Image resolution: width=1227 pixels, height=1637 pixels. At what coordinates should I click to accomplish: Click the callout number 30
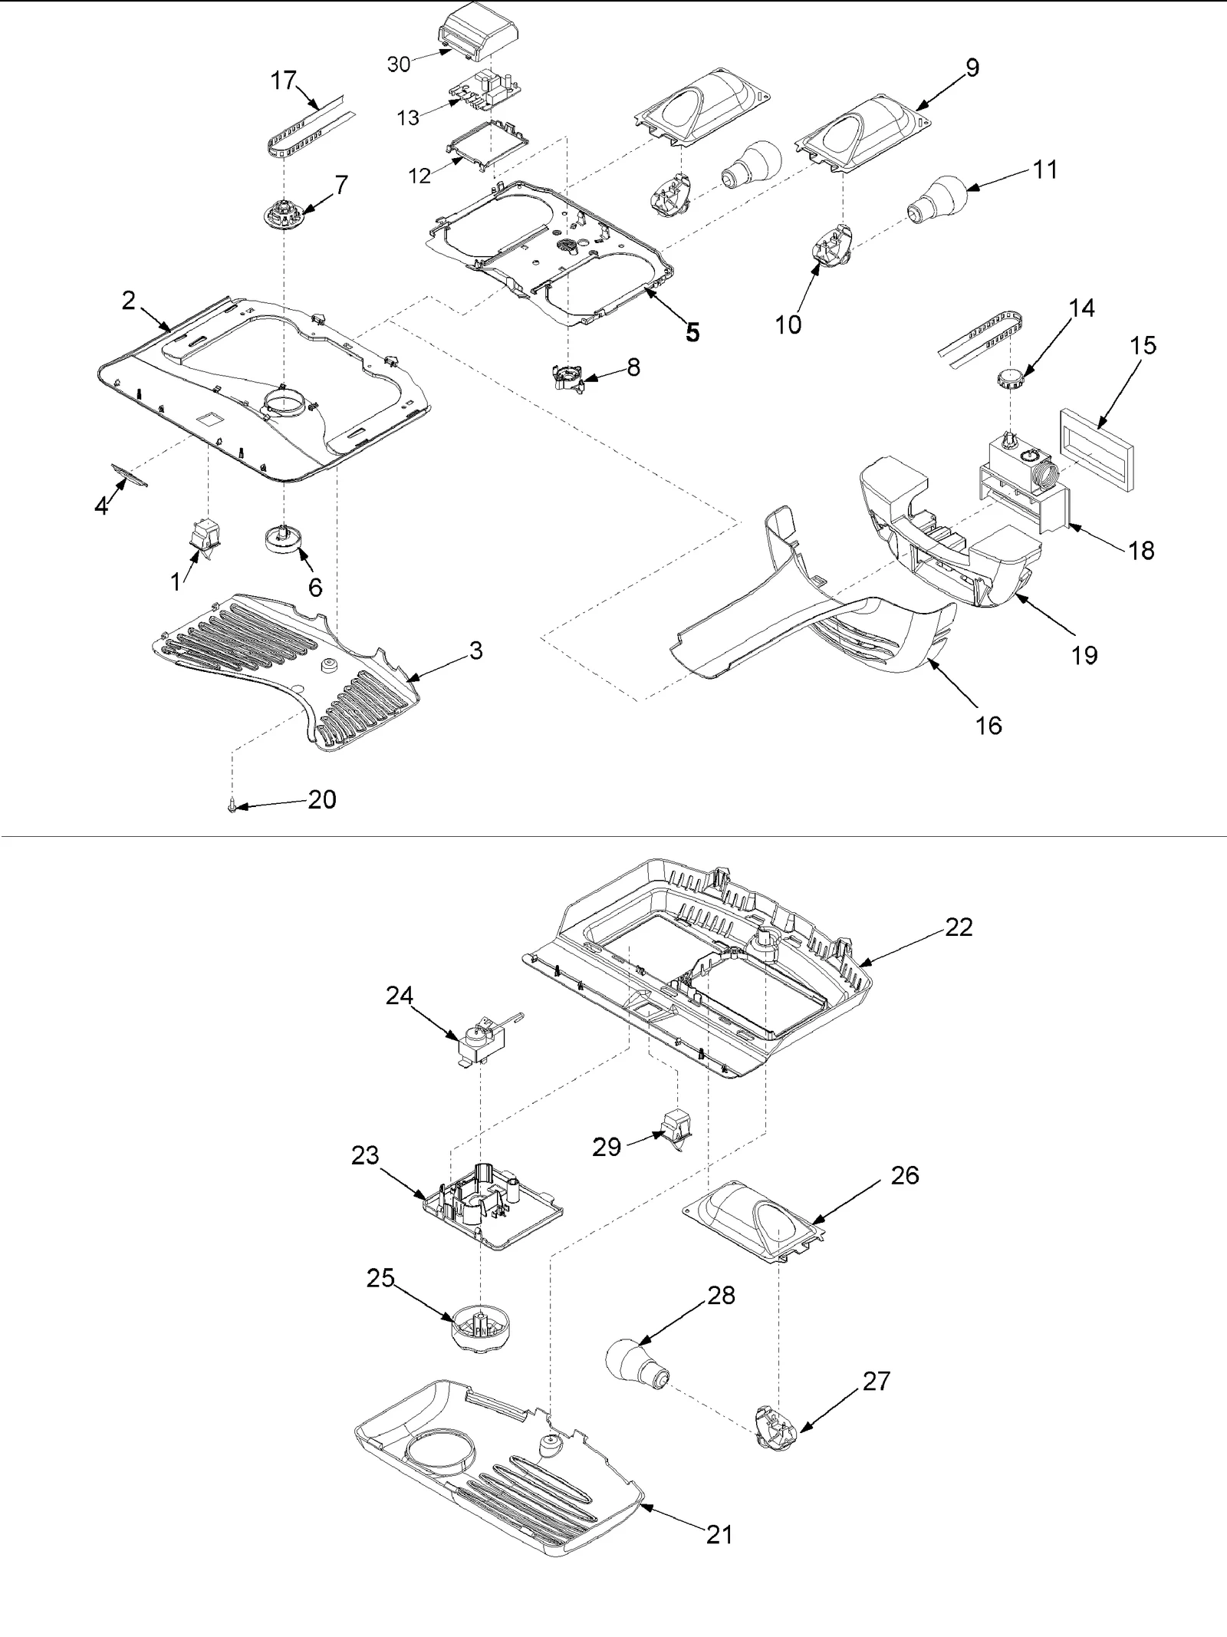pyautogui.click(x=399, y=64)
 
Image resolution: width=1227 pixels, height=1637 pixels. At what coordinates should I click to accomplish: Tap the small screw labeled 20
pyautogui.click(x=232, y=806)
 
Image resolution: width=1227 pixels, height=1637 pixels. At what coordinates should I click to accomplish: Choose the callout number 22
pyautogui.click(x=959, y=927)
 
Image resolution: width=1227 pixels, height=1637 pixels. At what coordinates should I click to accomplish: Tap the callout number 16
pyautogui.click(x=989, y=725)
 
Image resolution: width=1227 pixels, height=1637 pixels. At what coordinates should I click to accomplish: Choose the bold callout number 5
pyautogui.click(x=692, y=332)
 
